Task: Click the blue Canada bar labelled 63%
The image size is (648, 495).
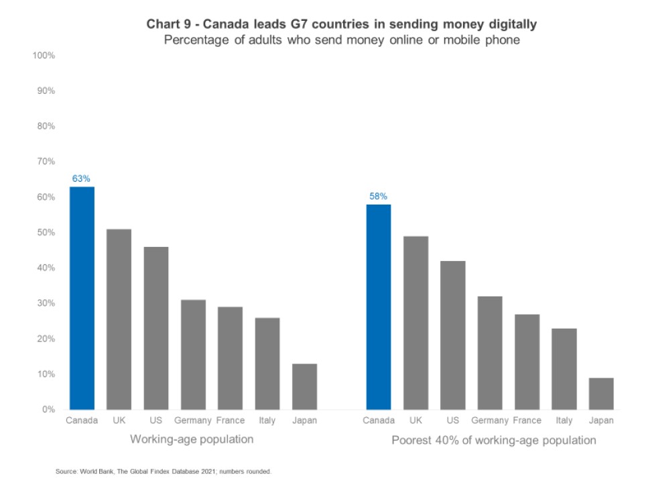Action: [82, 298]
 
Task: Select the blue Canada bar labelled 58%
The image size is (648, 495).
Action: [379, 307]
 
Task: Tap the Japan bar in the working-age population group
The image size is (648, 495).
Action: [304, 386]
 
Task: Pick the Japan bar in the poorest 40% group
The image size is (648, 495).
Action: [601, 394]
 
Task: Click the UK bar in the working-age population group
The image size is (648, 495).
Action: [119, 319]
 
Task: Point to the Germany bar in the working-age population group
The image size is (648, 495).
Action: [193, 354]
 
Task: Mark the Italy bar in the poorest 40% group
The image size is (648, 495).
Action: [564, 369]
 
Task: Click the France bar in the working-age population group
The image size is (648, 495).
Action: [230, 358]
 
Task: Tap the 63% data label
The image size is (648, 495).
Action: [82, 178]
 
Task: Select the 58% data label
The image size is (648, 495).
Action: [379, 197]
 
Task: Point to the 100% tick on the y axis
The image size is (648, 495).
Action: [44, 55]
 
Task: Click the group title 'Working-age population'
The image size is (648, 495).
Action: [192, 440]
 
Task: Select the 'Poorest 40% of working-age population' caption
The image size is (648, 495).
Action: [493, 441]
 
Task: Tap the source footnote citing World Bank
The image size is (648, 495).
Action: [164, 472]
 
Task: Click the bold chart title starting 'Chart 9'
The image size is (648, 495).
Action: [342, 25]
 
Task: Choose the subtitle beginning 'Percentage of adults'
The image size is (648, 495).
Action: [342, 40]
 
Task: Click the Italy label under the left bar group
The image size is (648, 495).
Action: [267, 421]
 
